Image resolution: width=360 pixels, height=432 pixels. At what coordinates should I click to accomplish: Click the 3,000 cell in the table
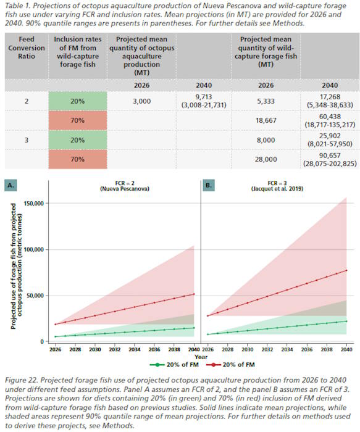[141, 101]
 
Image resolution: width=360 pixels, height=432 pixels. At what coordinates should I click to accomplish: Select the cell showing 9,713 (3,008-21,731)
[204, 101]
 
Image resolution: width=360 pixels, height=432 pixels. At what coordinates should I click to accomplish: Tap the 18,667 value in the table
[266, 121]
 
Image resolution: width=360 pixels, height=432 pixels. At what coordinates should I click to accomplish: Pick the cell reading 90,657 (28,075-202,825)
[330, 159]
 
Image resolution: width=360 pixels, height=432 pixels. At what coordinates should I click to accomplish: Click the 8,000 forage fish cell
[266, 140]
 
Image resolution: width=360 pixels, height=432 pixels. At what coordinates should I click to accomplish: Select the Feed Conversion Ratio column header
[27, 48]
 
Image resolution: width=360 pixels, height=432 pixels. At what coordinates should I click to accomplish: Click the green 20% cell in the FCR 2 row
[78, 101]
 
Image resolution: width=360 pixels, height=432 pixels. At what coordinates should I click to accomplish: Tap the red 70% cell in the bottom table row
[78, 159]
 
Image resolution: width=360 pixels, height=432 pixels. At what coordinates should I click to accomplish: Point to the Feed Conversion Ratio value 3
[27, 140]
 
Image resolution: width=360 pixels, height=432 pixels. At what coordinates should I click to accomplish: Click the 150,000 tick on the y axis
[35, 203]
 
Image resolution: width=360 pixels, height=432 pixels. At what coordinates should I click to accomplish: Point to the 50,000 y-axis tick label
[36, 296]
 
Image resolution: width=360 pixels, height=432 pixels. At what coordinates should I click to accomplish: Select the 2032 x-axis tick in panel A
[115, 349]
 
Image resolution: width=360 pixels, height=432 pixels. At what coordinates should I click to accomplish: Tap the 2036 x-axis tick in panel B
[307, 349]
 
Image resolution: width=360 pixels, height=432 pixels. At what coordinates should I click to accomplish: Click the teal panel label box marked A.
[10, 185]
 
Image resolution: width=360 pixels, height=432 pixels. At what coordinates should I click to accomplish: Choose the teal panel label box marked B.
[209, 185]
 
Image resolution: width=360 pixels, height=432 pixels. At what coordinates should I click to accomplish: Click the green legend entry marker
[157, 365]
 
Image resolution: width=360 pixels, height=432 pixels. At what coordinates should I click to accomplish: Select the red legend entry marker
[214, 365]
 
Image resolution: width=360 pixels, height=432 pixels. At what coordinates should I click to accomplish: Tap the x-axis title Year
[201, 357]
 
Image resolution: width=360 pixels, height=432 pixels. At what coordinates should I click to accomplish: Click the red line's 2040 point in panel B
[346, 270]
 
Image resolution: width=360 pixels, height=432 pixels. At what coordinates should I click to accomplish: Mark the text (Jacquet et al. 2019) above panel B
[277, 189]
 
